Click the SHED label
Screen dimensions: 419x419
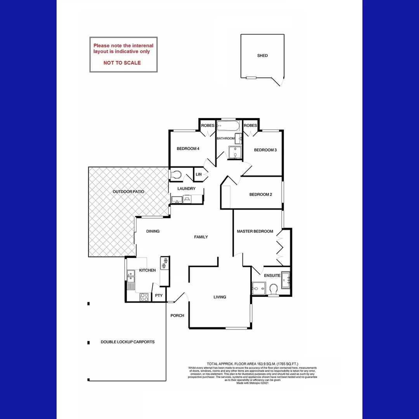pyautogui.click(x=262, y=55)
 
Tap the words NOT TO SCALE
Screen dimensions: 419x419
pyautogui.click(x=122, y=63)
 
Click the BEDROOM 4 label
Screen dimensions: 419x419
pyautogui.click(x=188, y=149)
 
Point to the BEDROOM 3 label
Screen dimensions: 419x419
pyautogui.click(x=265, y=150)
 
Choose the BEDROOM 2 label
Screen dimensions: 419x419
pyautogui.click(x=260, y=194)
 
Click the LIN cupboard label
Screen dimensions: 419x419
pyautogui.click(x=199, y=175)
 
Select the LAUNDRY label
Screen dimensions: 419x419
pyautogui.click(x=186, y=189)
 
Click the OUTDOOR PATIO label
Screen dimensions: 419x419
pyautogui.click(x=128, y=192)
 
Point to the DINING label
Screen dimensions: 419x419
pyautogui.click(x=153, y=231)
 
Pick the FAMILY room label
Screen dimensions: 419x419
pyautogui.click(x=201, y=237)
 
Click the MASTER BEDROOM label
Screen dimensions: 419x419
pyautogui.click(x=255, y=232)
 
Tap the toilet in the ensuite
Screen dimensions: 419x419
pyautogui.click(x=273, y=289)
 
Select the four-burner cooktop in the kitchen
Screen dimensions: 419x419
pyautogui.click(x=144, y=297)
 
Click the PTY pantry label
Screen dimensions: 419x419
pyautogui.click(x=159, y=296)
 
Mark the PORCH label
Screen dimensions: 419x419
pyautogui.click(x=177, y=315)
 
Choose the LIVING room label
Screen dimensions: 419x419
pyautogui.click(x=220, y=297)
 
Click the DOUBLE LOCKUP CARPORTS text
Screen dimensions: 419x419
pyautogui.click(x=128, y=342)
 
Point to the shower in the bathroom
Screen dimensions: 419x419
pyautogui.click(x=235, y=152)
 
